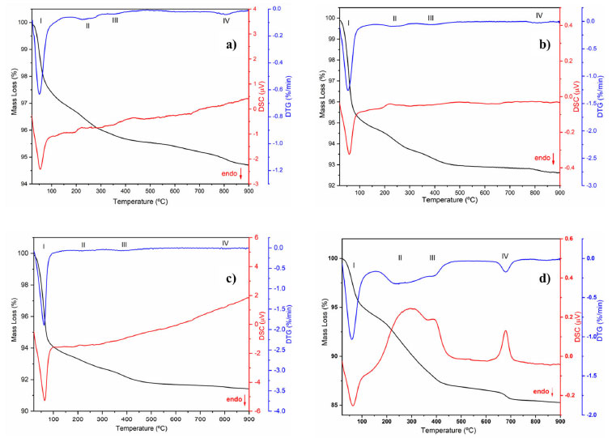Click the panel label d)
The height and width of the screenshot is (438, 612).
(x=542, y=279)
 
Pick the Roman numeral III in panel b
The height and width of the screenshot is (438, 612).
(x=431, y=18)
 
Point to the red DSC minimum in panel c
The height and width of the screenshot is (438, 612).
(x=45, y=400)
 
